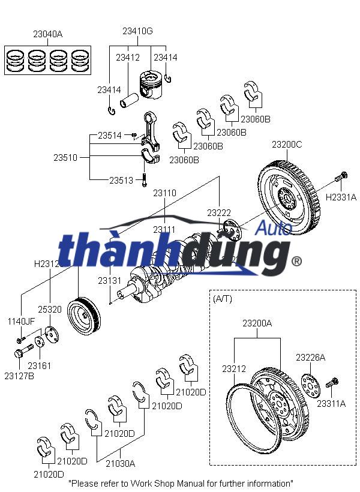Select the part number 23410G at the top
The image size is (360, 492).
pos(137,31)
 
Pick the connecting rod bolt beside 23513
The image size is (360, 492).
pos(145,178)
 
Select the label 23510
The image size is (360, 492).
pos(65,158)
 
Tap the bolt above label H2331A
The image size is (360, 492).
pos(340,178)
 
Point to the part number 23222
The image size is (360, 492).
pos(219,213)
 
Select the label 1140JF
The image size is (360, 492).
pos(21,322)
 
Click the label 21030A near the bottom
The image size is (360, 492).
pos(120,463)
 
